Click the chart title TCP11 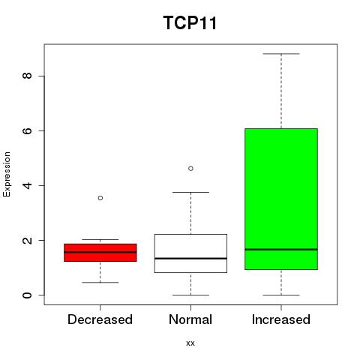coord(190,22)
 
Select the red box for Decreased coord(100,253)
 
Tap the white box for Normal coord(190,253)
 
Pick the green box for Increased coord(281,199)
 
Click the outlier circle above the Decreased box coord(100,198)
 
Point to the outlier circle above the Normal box coord(190,169)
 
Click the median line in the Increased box coord(281,250)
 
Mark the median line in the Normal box coord(190,258)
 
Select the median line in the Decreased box coord(100,252)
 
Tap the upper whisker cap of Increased coord(281,54)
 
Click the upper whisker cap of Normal coord(190,192)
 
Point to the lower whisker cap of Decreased coord(100,283)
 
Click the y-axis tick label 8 coord(27,76)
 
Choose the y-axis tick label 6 coord(27,130)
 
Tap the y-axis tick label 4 coord(27,185)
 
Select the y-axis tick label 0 coord(27,295)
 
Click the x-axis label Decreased coord(100,319)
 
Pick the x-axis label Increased coord(281,319)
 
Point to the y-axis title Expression coord(7,175)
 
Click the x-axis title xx coord(190,343)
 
